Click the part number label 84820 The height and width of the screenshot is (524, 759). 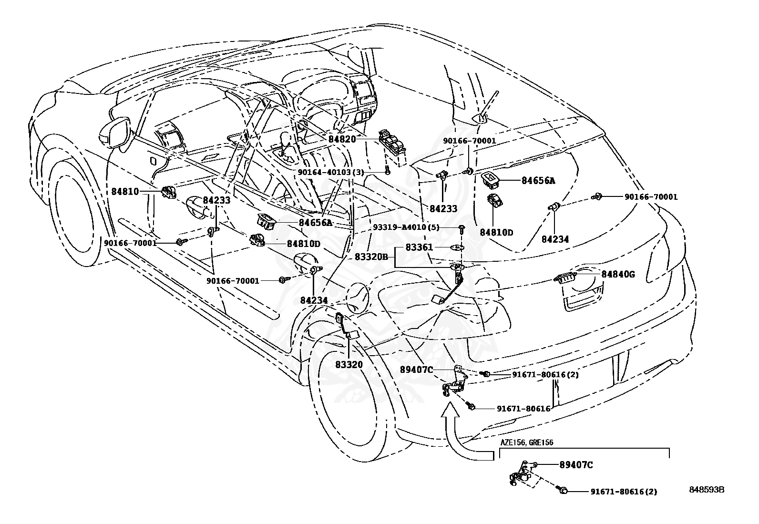point(342,139)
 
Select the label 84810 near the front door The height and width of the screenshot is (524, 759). point(125,191)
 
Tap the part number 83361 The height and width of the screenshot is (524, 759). point(419,247)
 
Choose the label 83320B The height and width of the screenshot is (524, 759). point(371,257)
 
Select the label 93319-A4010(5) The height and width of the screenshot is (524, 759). point(406,227)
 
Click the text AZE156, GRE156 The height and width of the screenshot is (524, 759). point(526,442)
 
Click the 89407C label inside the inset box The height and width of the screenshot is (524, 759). point(576,464)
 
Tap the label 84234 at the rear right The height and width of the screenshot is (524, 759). point(555,239)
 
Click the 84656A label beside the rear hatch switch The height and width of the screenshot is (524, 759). point(538,180)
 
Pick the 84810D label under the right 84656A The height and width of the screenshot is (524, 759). point(496,232)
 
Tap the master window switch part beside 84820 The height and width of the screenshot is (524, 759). point(392,143)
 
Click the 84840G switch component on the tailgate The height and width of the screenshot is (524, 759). point(565,278)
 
